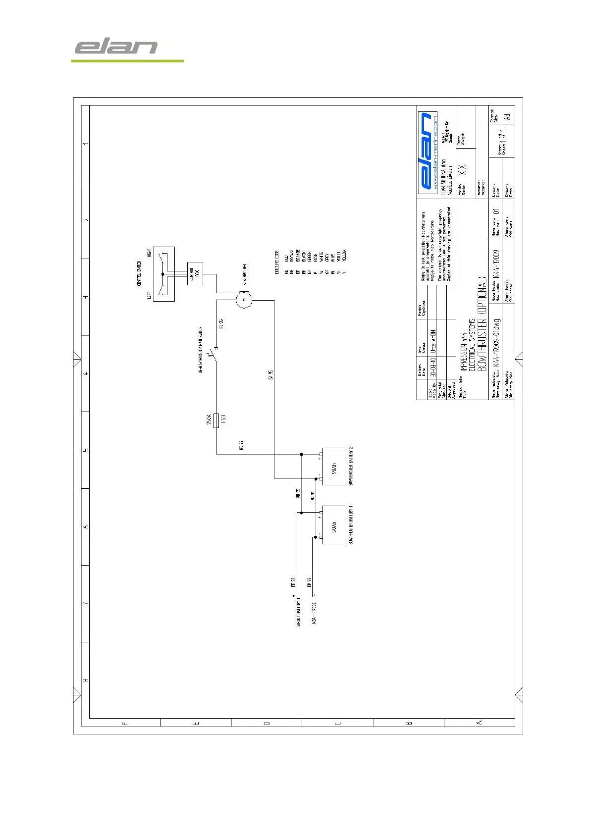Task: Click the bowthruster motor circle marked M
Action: [x=243, y=300]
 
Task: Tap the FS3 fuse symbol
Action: [x=216, y=420]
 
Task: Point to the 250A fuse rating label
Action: [x=209, y=420]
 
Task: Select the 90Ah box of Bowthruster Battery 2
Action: [x=333, y=466]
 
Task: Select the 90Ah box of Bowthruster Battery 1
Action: [x=333, y=525]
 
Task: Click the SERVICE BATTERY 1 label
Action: [x=299, y=611]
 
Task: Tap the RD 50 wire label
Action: [x=293, y=582]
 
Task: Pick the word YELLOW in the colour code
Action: [x=344, y=255]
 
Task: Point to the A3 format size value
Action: [x=506, y=117]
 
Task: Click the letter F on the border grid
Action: [x=125, y=723]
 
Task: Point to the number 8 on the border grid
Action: [x=85, y=680]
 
